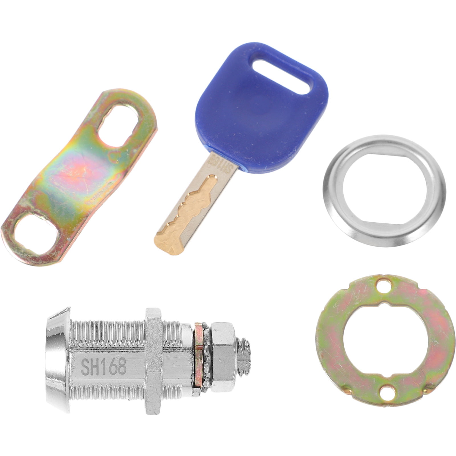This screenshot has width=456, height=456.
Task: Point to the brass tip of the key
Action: tap(168, 242)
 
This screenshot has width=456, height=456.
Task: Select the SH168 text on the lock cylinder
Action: tap(104, 367)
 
